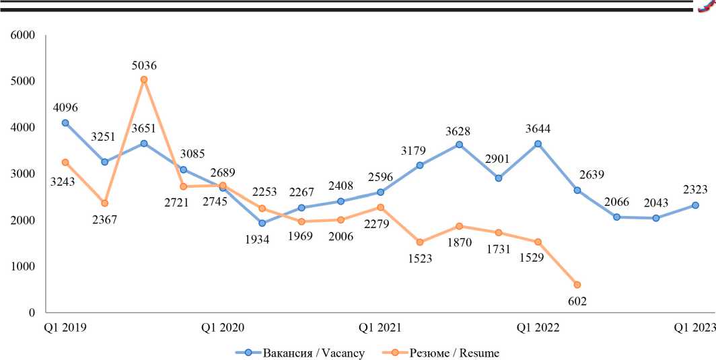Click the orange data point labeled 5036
click(x=144, y=79)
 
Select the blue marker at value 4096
click(x=65, y=122)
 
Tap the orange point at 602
click(x=577, y=285)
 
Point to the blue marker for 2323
click(x=695, y=205)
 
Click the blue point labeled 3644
click(x=538, y=143)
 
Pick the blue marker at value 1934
click(x=262, y=223)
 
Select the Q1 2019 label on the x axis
click(x=65, y=328)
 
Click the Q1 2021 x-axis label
click(x=380, y=328)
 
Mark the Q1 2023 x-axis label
click(x=695, y=328)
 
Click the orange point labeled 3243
click(x=65, y=162)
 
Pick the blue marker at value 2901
click(x=499, y=178)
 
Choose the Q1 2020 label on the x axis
click(x=223, y=328)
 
